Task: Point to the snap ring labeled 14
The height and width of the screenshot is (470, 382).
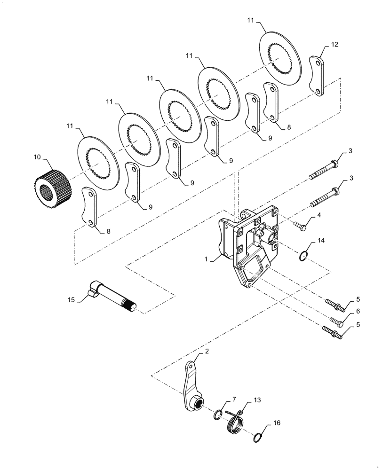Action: click(303, 256)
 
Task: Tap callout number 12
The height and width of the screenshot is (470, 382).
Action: click(334, 45)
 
